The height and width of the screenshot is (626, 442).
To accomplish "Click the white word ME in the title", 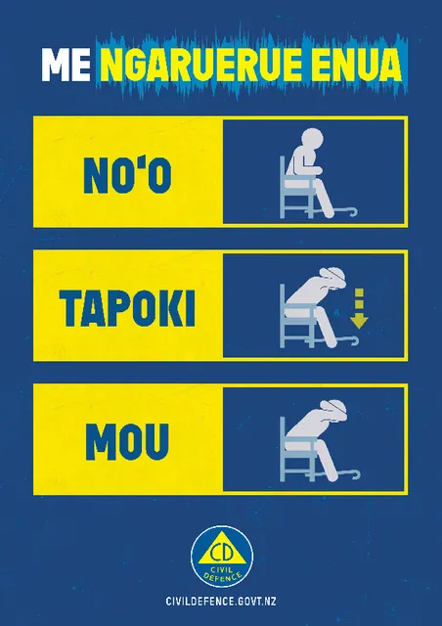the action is coord(66,65).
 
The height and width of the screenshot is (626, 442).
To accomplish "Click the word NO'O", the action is coord(127,175).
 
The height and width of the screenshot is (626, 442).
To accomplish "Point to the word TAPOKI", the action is coord(127,309).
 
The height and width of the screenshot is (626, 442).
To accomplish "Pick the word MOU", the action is coord(127,442).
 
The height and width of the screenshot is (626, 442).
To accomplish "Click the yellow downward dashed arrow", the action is coord(359,308).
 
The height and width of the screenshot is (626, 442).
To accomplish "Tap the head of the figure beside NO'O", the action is coord(312,140).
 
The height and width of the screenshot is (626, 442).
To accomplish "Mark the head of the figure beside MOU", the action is coord(334,410).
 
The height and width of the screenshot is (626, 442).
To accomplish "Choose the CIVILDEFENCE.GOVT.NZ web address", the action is coord(221,601).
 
